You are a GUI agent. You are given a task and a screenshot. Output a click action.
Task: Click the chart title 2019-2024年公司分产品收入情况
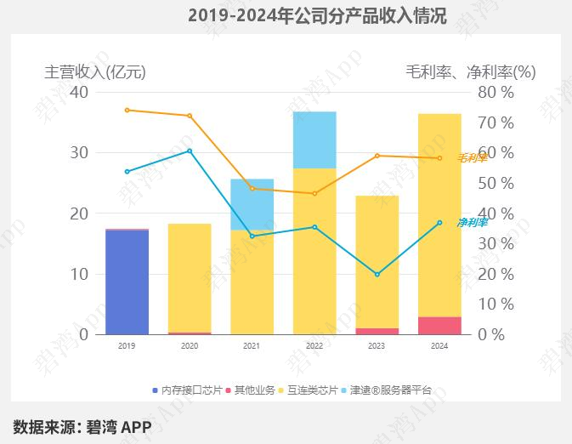(316, 15)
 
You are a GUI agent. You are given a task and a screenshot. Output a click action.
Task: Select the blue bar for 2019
(127, 282)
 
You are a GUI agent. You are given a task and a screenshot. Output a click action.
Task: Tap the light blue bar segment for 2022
(314, 139)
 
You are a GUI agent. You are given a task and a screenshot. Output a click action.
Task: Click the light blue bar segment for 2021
(252, 204)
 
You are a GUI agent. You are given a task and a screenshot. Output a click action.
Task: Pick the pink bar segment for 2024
(439, 326)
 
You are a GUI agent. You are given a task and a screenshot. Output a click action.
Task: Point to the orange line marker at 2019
(127, 110)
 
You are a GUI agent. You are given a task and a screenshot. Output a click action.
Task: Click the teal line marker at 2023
(377, 275)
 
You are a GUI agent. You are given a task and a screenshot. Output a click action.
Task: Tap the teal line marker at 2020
(190, 151)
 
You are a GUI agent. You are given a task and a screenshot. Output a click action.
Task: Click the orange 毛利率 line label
(473, 157)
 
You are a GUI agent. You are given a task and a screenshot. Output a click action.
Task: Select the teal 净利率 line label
(473, 222)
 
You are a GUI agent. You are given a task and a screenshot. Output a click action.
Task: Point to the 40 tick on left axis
(78, 92)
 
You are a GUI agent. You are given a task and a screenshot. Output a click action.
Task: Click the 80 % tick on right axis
(496, 92)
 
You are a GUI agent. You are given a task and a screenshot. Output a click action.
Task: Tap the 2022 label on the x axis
(314, 346)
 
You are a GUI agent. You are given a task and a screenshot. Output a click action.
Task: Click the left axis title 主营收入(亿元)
(95, 72)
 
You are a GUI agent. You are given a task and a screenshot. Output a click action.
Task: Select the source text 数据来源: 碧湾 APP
(82, 426)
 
